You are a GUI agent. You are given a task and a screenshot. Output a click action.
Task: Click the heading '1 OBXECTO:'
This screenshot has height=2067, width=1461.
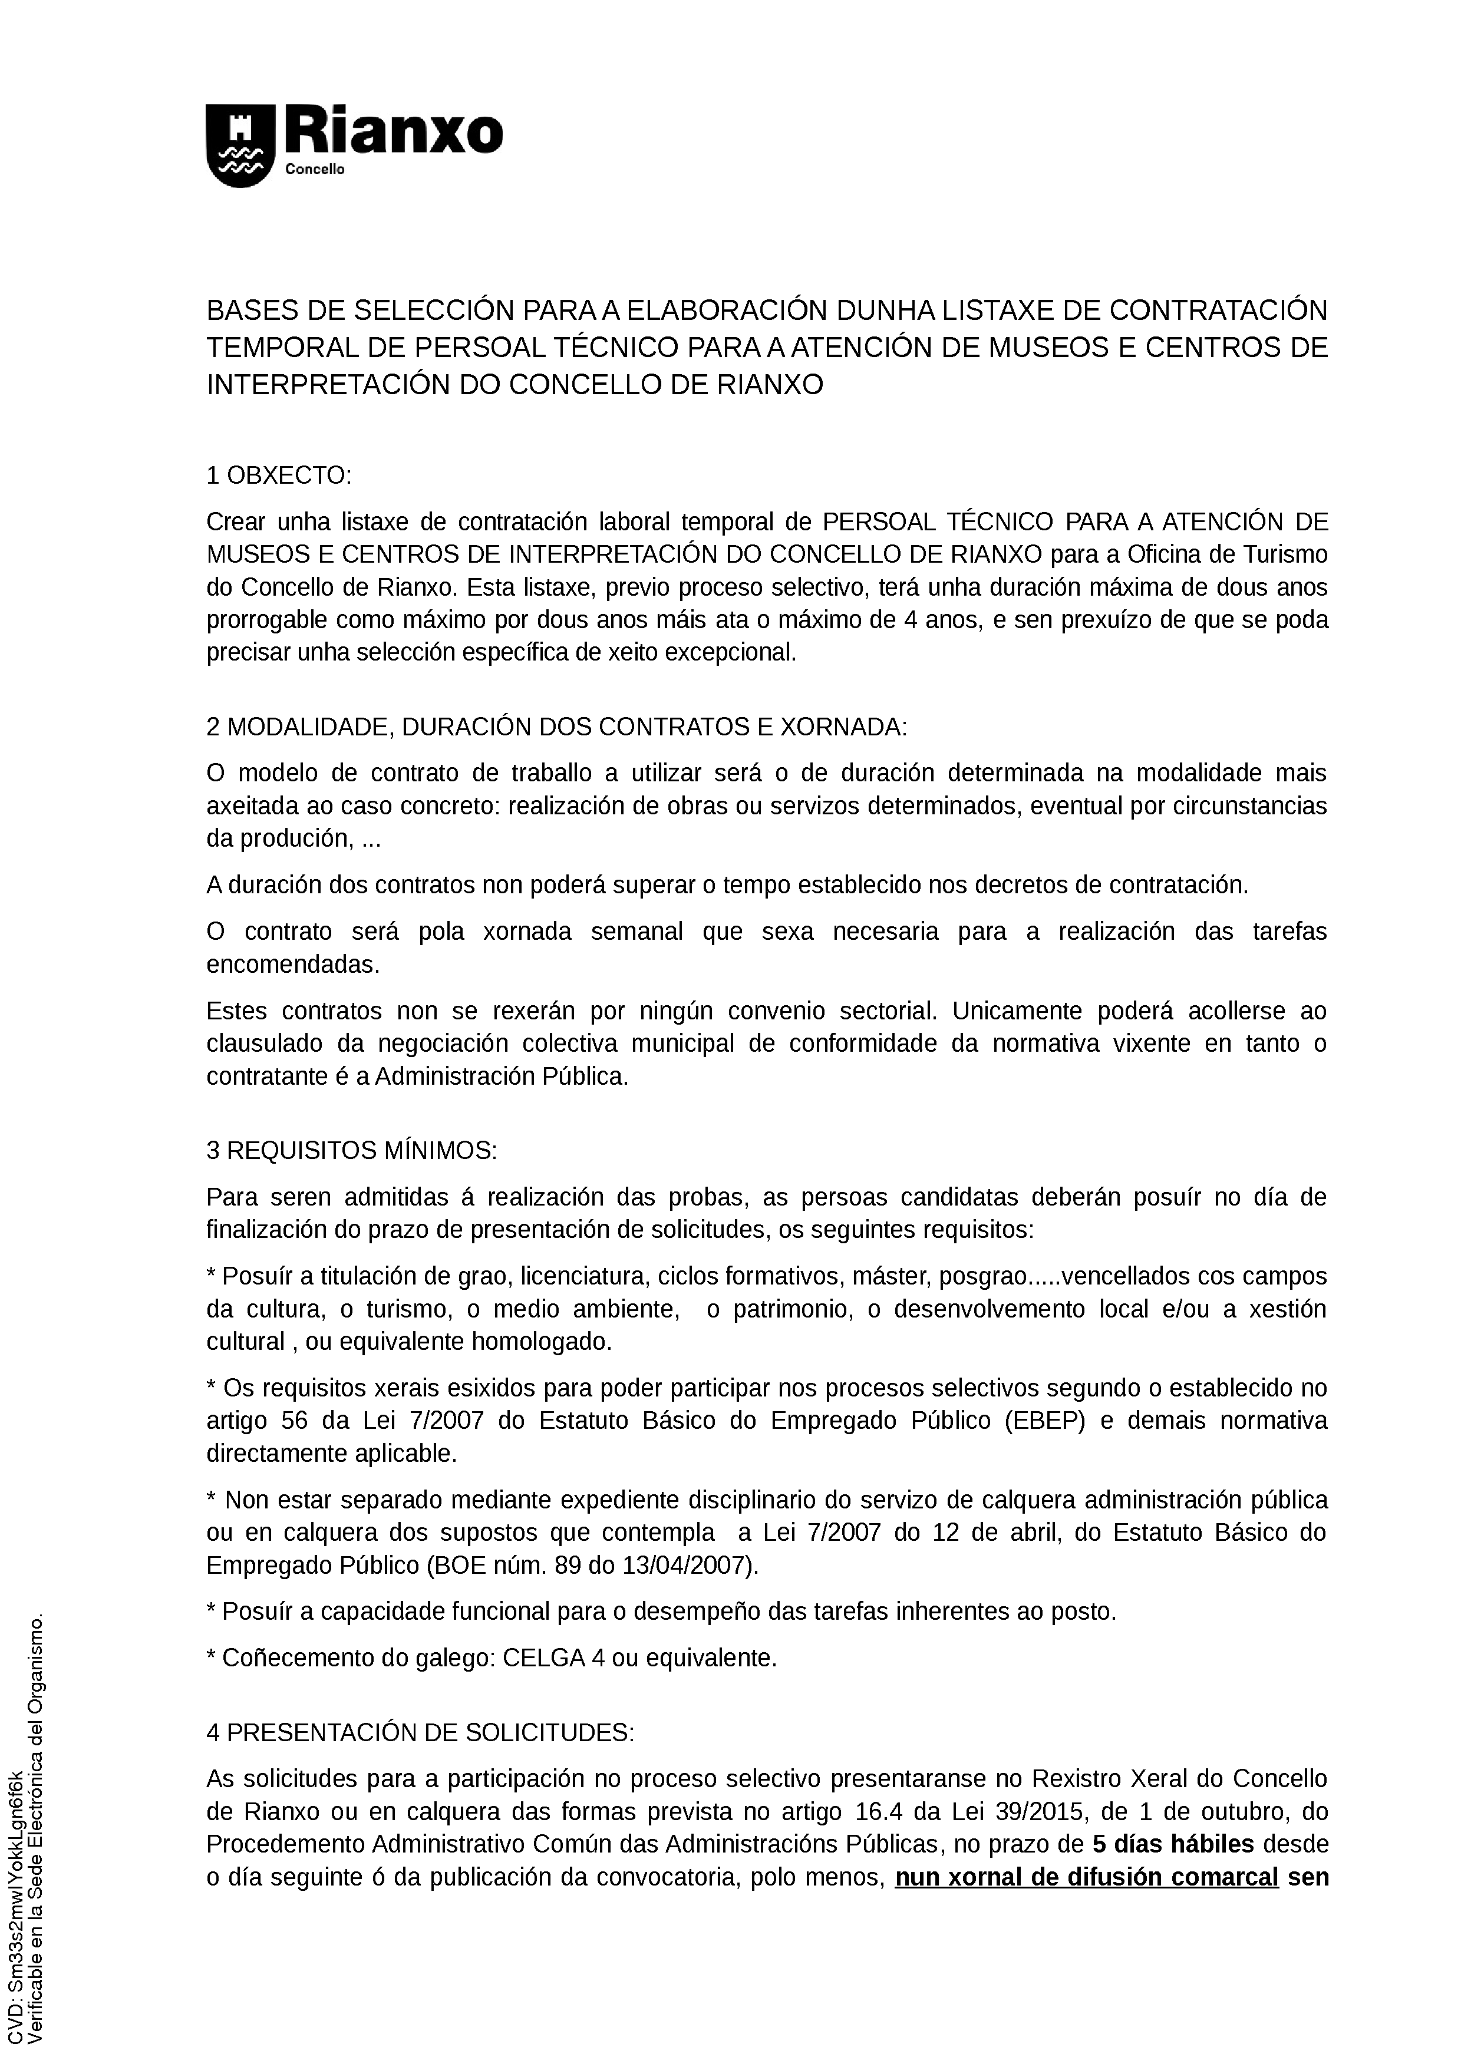tap(279, 476)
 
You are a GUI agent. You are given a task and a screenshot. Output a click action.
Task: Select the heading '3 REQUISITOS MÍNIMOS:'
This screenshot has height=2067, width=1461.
tap(351, 1151)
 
